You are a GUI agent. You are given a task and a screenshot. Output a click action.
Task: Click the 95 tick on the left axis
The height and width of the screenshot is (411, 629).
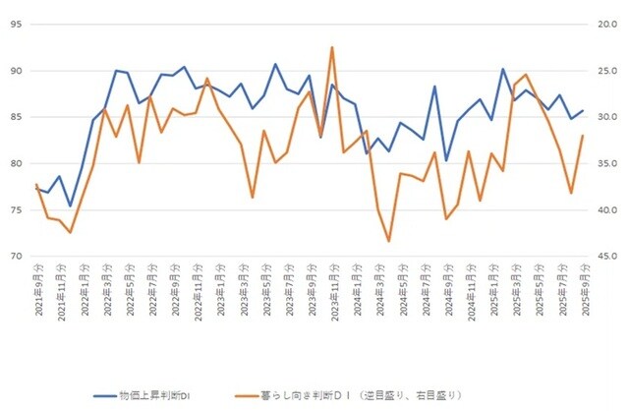coord(18,25)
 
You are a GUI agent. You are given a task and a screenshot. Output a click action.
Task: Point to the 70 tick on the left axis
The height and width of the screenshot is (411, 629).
coord(18,256)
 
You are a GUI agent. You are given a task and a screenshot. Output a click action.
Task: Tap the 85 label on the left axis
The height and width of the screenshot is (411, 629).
coord(18,117)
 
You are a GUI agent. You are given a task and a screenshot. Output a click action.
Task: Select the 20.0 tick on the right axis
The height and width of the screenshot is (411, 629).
coord(601,25)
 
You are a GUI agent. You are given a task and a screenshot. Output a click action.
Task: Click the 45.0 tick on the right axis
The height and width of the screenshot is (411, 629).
coord(601,256)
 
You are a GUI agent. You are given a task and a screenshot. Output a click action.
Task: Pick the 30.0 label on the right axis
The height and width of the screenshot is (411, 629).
coord(601,117)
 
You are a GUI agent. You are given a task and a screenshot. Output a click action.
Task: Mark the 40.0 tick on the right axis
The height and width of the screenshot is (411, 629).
coord(601,209)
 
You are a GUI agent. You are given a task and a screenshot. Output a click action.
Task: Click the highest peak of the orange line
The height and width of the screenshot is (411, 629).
coord(332,47)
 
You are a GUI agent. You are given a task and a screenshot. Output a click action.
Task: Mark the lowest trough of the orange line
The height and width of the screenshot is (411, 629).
coord(389,241)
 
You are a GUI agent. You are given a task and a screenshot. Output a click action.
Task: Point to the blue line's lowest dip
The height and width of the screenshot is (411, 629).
coord(71,206)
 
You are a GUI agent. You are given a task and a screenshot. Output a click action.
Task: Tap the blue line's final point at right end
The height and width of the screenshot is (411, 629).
coord(583,111)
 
